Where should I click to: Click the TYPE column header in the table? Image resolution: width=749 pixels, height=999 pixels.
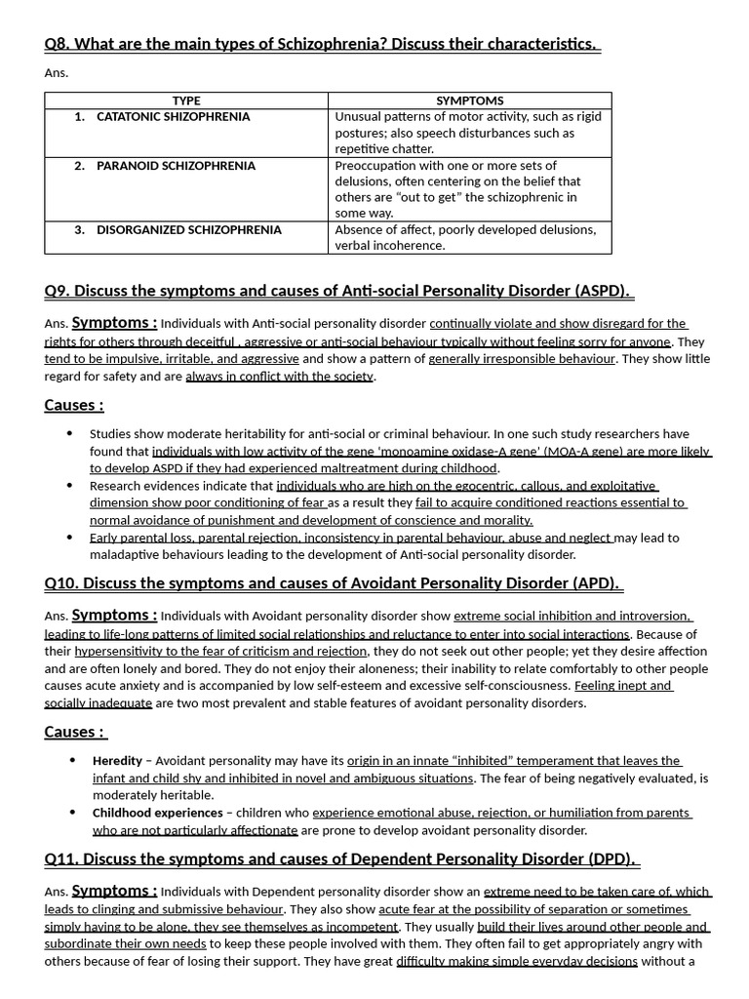(x=185, y=100)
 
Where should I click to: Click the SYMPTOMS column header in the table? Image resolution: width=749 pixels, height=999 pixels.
(x=470, y=100)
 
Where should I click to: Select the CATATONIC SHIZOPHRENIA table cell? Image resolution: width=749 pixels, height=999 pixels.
(x=173, y=117)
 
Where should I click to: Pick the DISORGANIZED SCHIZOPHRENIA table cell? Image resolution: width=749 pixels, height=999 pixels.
(x=188, y=230)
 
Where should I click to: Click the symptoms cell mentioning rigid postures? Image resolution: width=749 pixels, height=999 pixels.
(x=468, y=133)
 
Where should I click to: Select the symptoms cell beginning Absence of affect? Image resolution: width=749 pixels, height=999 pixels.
(x=465, y=237)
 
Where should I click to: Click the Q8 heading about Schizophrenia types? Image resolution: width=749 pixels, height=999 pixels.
(x=322, y=45)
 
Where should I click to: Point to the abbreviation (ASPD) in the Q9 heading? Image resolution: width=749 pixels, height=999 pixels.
(x=602, y=291)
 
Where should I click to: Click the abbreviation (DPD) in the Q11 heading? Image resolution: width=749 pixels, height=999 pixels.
(x=611, y=859)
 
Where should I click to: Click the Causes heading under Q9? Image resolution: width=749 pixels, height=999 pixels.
(x=74, y=405)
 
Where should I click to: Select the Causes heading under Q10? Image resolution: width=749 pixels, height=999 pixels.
(x=74, y=732)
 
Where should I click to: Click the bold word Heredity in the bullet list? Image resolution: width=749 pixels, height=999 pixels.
(x=117, y=761)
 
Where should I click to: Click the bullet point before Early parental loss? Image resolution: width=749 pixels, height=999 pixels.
(x=69, y=537)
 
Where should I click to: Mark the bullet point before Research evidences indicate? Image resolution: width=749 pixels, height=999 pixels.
(x=69, y=485)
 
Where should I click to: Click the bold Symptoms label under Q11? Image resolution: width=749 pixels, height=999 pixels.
(x=114, y=890)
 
